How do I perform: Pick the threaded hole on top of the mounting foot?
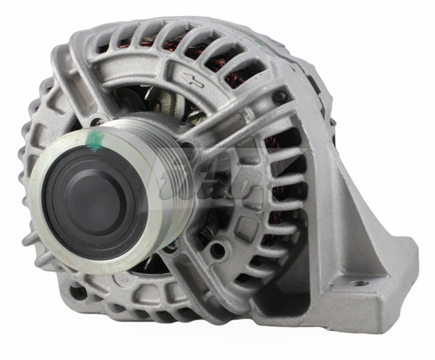pos(357,282)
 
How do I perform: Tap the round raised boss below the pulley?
pos(217,251)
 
